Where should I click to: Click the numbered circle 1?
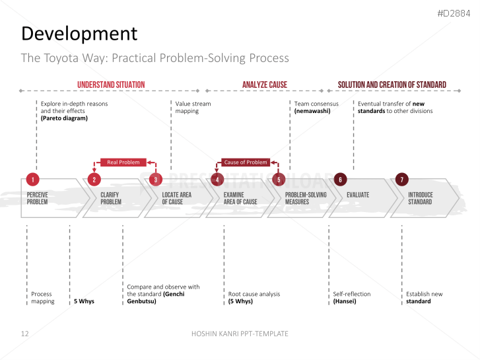click(32, 180)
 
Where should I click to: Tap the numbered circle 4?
click(217, 180)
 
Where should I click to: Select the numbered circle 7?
click(402, 180)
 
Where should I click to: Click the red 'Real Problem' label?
click(123, 162)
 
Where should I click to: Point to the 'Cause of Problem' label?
click(246, 162)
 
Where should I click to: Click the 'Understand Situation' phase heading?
click(111, 85)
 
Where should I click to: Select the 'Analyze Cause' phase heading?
click(265, 85)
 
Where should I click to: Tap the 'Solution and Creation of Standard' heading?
click(392, 85)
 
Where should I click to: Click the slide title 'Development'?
click(79, 34)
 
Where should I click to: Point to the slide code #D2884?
click(454, 13)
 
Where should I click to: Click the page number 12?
click(25, 334)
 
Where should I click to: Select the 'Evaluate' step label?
click(358, 195)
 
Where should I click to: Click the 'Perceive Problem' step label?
click(38, 198)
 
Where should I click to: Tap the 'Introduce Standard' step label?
click(420, 198)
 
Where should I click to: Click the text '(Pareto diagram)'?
click(64, 118)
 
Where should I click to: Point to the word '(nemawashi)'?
click(312, 111)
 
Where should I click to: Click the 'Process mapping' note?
click(42, 298)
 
